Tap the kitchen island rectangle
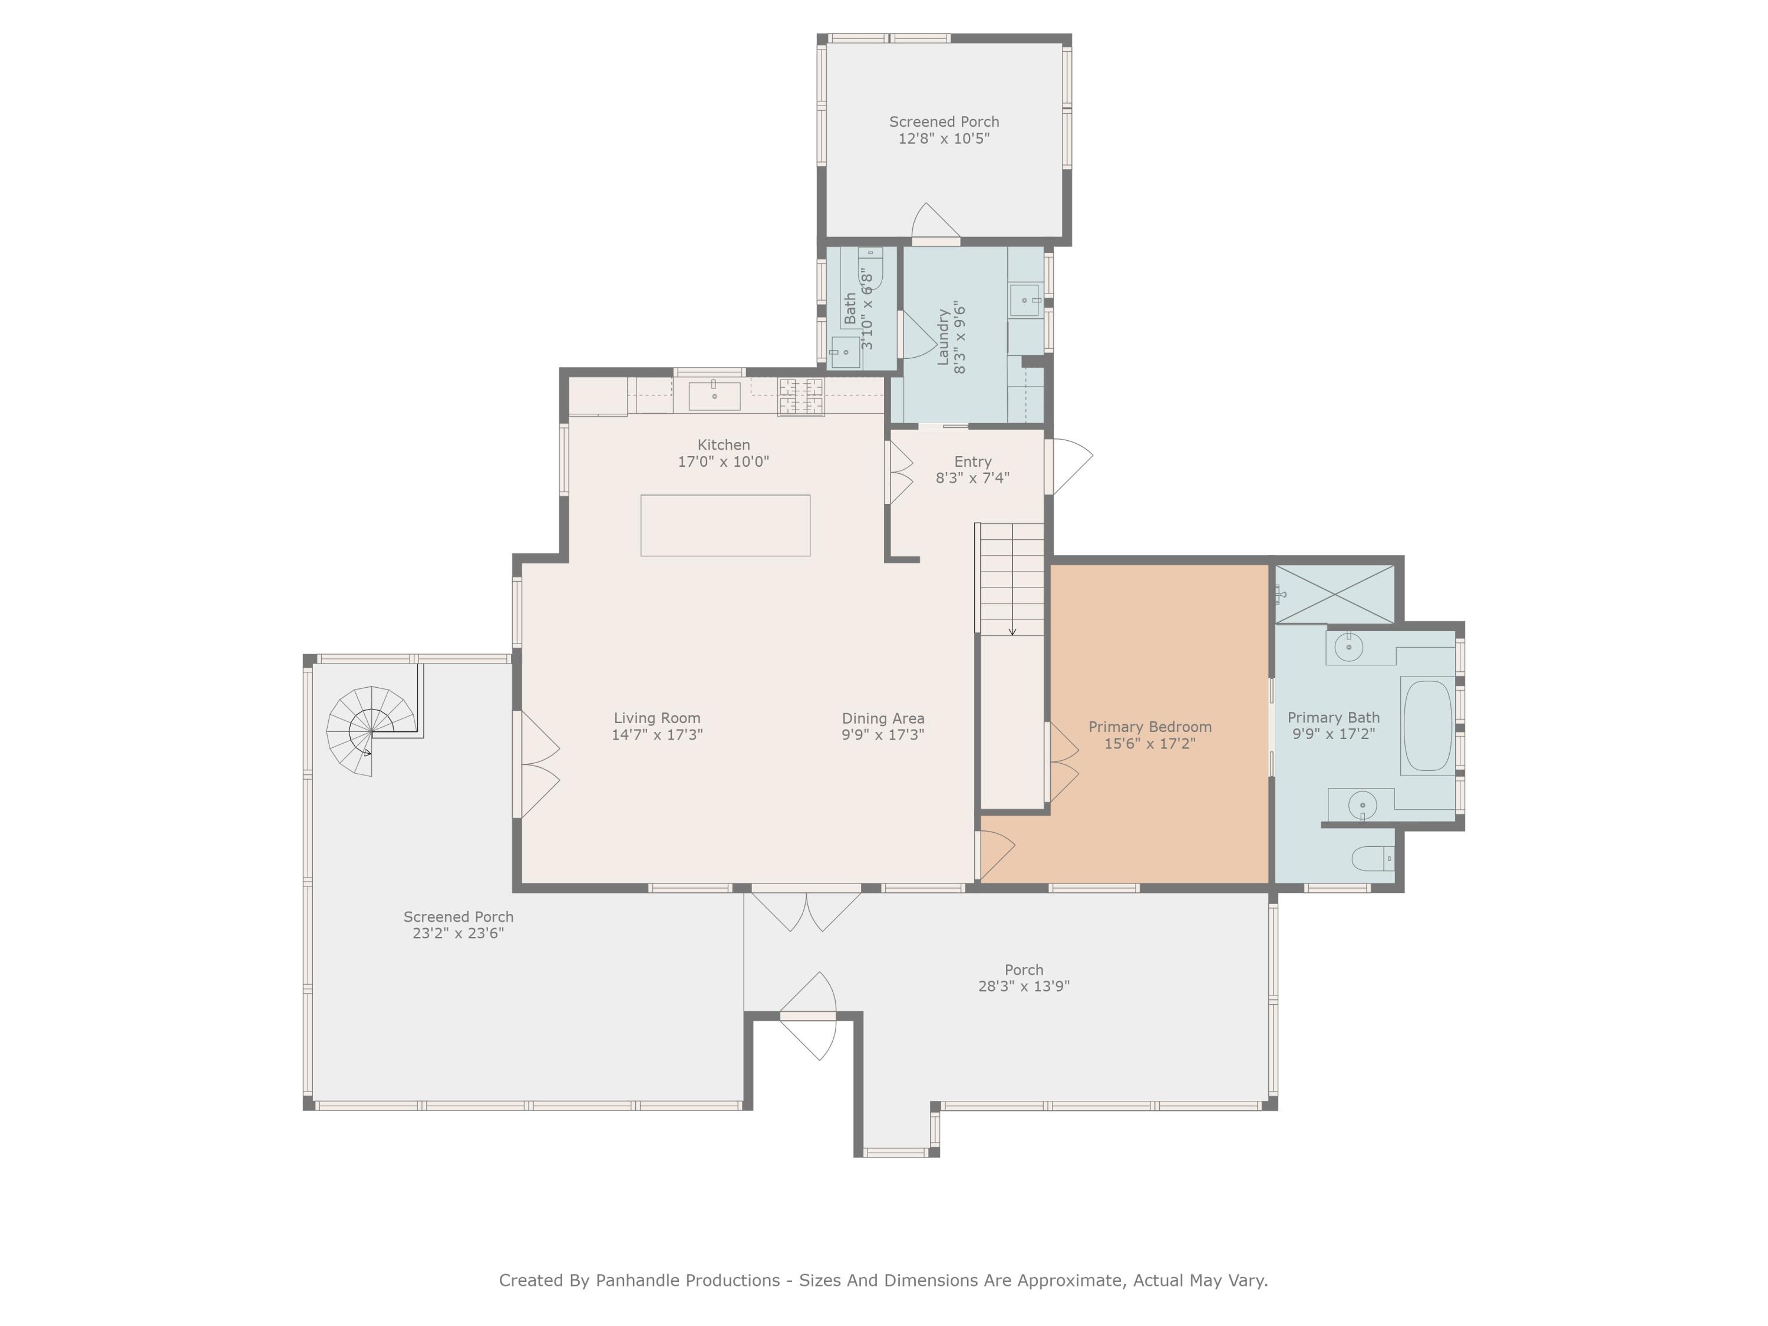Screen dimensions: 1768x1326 pos(725,525)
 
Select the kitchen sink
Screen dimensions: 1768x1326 pos(714,395)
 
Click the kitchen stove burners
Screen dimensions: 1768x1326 pos(801,397)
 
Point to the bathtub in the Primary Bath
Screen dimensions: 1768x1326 pos(1427,725)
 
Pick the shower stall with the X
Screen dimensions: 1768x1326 pos(1334,594)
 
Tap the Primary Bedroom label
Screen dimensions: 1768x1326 pos(1150,727)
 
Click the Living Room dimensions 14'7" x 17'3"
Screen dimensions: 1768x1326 pos(657,734)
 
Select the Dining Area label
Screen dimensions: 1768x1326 pos(883,718)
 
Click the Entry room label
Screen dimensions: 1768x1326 pos(973,461)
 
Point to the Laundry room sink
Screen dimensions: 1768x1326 pos(1025,301)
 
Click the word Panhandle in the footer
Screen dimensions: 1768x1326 pos(687,1281)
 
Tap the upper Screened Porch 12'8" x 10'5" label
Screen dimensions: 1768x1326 pos(944,130)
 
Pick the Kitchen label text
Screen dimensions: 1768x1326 pos(723,444)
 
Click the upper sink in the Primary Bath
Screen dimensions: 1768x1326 pos(1348,646)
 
